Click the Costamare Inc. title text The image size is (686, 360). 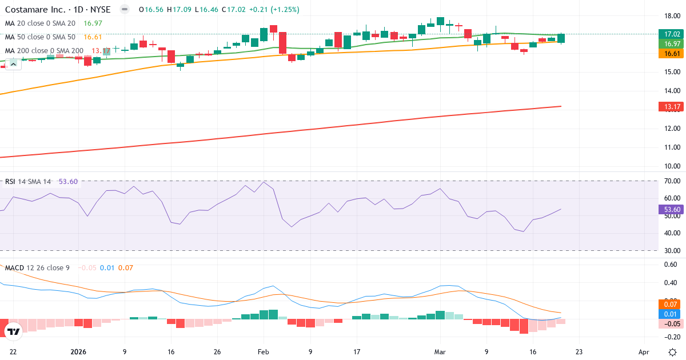pos(37,10)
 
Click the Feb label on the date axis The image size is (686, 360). pos(263,353)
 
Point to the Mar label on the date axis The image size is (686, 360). pos(439,353)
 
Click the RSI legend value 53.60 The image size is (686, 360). pos(68,182)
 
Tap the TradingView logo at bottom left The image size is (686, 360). pos(13,331)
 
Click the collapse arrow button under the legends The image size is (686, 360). pos(13,64)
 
